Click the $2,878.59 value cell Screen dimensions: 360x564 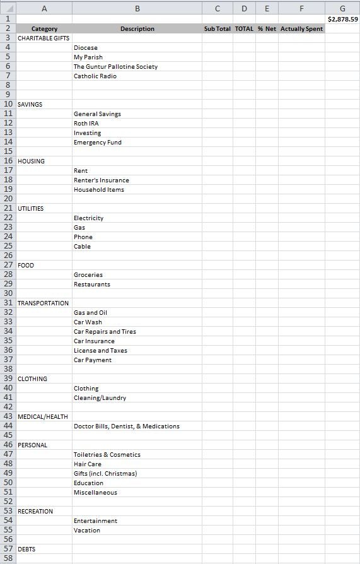point(342,20)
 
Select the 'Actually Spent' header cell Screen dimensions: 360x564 point(301,29)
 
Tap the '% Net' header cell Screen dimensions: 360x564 point(267,29)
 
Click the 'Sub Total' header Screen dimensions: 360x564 point(218,29)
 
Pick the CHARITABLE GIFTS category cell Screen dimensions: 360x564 point(44,38)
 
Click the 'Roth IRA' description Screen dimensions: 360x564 point(86,124)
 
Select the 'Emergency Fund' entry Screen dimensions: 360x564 point(98,143)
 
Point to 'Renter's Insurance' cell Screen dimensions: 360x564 point(102,180)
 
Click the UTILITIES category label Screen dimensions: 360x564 point(31,209)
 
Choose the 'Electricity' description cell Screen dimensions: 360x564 point(89,218)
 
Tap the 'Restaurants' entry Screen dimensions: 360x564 point(92,285)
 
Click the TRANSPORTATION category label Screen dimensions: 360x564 point(44,303)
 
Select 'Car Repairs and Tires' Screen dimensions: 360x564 point(105,332)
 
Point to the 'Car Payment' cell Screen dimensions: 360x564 point(93,360)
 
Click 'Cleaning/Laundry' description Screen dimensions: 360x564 point(100,398)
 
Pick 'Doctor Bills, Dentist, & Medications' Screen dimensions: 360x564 point(127,426)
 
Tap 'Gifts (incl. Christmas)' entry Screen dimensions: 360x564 point(105,474)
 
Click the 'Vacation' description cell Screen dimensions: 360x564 point(87,531)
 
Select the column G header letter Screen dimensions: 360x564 point(342,8)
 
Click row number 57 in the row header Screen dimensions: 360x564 point(8,549)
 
